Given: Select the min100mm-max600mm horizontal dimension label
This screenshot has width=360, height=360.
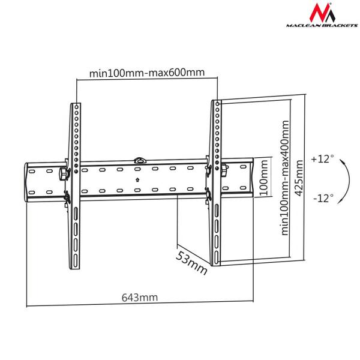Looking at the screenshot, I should pyautogui.click(x=148, y=73).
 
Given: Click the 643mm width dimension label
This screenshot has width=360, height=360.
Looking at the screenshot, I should pyautogui.click(x=140, y=297).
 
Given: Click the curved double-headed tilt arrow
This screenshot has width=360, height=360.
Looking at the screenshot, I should pyautogui.click(x=343, y=178).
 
